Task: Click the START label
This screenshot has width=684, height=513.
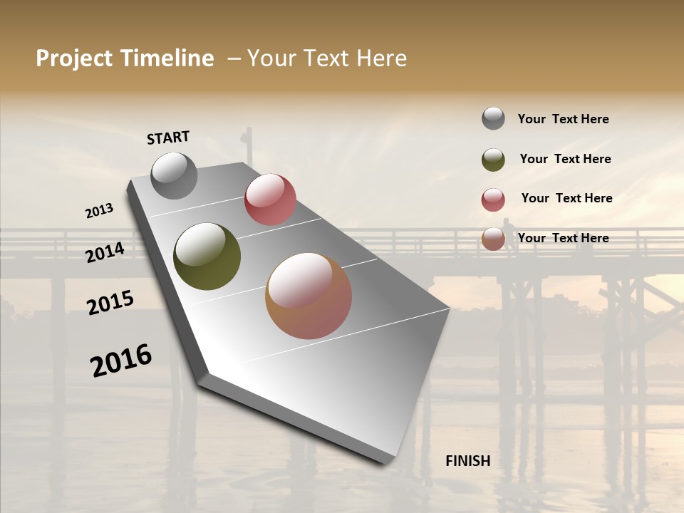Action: [168, 138]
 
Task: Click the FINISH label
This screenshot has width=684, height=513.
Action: [467, 461]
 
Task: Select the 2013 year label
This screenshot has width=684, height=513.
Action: [99, 211]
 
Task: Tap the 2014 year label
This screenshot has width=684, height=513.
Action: [105, 252]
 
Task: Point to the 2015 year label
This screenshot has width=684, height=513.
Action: [110, 302]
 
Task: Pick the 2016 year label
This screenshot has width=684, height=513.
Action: [121, 360]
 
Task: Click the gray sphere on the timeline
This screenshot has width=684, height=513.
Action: [174, 175]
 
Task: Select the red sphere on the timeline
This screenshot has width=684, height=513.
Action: [270, 199]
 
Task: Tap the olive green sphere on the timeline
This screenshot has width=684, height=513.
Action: [207, 256]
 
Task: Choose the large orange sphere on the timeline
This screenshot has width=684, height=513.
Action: [309, 296]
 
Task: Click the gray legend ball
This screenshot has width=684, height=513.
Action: [493, 118]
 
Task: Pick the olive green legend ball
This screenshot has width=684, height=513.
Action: [493, 159]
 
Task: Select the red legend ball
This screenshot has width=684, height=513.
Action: [493, 199]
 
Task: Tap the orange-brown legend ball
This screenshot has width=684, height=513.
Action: [493, 239]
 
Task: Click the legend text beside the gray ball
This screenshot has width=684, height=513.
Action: [563, 119]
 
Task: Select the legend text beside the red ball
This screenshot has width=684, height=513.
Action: [566, 198]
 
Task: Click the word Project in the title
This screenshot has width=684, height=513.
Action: [76, 58]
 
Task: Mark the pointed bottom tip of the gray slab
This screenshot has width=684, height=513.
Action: [388, 462]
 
